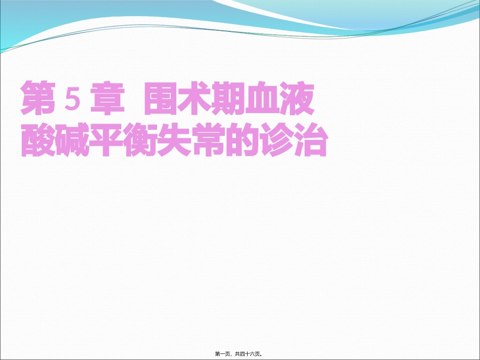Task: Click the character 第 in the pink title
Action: [38, 98]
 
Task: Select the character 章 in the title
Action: [107, 98]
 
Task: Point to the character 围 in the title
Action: [160, 98]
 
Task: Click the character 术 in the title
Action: [195, 98]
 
